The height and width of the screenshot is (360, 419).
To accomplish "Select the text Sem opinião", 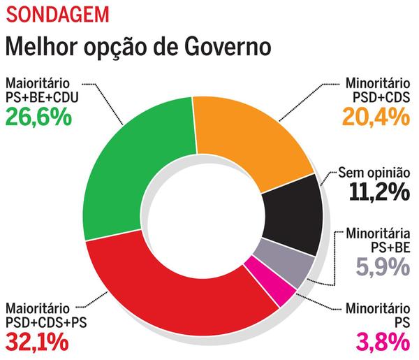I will click(x=374, y=171).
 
